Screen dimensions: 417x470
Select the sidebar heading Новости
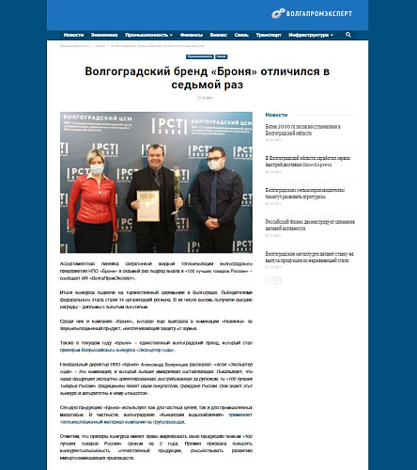tap(276, 115)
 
